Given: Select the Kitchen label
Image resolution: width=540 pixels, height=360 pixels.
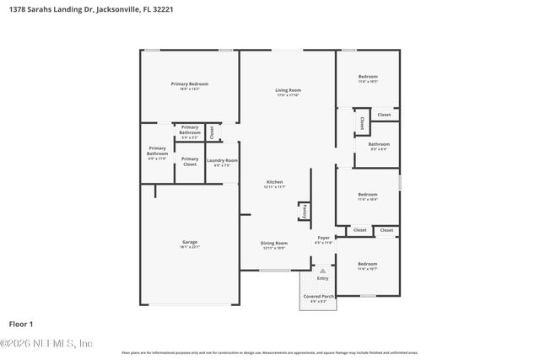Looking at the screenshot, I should click(x=275, y=183).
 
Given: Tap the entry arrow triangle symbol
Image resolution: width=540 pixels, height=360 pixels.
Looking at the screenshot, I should click(x=321, y=271).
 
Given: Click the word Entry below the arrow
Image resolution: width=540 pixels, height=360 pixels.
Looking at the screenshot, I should click(x=322, y=278).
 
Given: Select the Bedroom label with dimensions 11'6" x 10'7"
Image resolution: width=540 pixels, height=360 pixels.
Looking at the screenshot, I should click(x=367, y=265).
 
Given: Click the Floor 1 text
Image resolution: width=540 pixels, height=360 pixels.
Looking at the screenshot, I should click(x=20, y=324).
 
